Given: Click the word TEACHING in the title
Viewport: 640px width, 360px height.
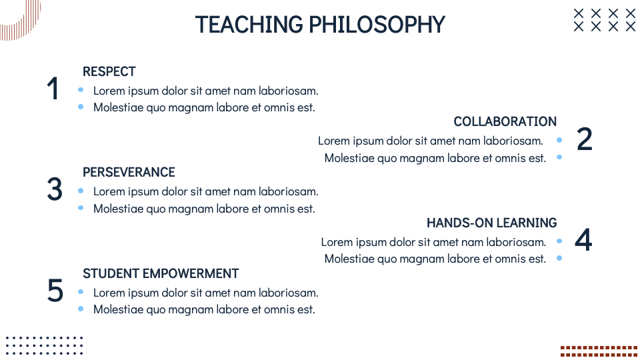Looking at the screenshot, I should tap(249, 25).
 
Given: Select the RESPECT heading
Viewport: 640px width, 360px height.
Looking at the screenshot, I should tap(109, 71).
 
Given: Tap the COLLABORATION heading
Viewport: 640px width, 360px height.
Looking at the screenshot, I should tap(505, 121).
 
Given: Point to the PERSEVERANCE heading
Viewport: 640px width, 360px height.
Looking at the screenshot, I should tap(129, 172).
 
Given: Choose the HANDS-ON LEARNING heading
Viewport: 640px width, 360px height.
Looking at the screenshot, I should tap(491, 223).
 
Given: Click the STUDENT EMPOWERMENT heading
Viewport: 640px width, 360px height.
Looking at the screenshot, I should tap(161, 273).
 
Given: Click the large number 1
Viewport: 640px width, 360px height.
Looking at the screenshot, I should tap(53, 89).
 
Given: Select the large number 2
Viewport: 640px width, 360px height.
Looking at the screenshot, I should tap(584, 139).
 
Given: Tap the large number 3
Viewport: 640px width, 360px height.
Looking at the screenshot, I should tap(55, 190).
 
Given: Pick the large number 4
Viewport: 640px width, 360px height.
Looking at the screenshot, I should tap(583, 241).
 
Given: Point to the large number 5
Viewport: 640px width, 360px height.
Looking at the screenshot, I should tap(55, 291).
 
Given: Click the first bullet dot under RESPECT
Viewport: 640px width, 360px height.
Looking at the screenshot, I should tap(81, 90).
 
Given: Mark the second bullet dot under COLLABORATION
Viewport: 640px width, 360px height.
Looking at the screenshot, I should tap(559, 157).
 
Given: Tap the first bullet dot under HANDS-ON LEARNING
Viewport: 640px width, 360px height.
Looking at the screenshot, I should tap(559, 241).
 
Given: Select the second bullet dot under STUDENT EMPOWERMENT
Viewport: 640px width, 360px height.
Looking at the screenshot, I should tap(81, 309).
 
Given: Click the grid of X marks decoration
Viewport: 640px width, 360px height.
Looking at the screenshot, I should tap(605, 20).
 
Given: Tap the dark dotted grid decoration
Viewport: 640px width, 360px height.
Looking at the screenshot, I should tap(44, 345).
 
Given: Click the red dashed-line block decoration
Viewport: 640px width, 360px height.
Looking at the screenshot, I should tap(599, 351).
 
